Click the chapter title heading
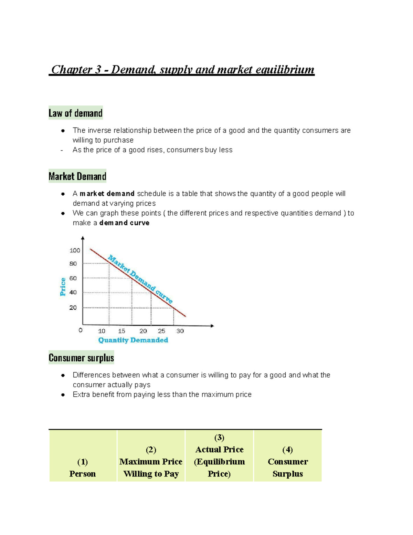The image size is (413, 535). [x=182, y=70]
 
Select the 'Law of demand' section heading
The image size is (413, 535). [x=75, y=113]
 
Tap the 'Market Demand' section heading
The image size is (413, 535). [x=77, y=176]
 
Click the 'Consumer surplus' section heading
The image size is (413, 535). [x=81, y=358]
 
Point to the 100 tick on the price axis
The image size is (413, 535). [x=75, y=250]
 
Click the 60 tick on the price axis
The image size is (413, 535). [x=73, y=278]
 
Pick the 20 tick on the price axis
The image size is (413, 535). [x=73, y=308]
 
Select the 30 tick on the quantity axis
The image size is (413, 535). [x=180, y=331]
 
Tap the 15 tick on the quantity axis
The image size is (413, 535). [x=121, y=331]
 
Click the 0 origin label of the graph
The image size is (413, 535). [x=81, y=330]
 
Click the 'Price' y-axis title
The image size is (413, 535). [x=63, y=287]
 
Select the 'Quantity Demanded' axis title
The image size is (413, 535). [x=133, y=340]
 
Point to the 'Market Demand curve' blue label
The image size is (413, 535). [x=140, y=279]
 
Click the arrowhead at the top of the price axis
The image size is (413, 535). [x=83, y=238]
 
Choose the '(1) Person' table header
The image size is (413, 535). [x=82, y=467]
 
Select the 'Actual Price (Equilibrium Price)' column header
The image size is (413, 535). [x=219, y=462]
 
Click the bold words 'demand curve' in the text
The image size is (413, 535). [x=124, y=223]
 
